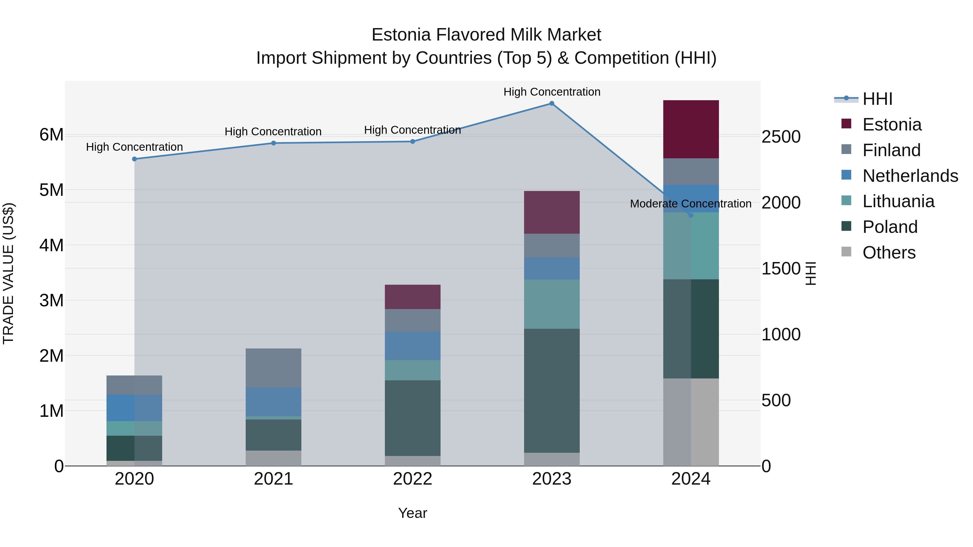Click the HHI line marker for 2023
pos(551,103)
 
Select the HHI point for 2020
pos(135,159)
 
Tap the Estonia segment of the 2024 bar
pos(691,129)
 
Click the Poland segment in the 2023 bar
pos(551,390)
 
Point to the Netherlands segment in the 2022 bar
pos(412,345)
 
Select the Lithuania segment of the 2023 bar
pos(551,304)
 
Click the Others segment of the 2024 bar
pos(691,422)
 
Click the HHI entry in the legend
pos(877,99)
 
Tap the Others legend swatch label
pos(889,253)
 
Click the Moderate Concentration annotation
pos(691,204)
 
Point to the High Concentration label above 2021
pos(273,132)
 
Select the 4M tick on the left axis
pos(51,245)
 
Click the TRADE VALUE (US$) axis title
pos(8,273)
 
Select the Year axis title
pos(412,513)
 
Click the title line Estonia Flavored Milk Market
pos(486,35)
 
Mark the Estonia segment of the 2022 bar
pos(412,297)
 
